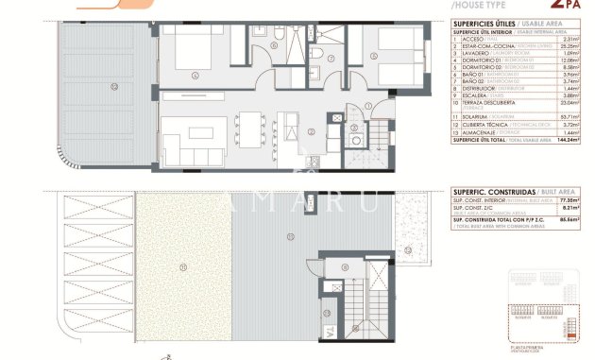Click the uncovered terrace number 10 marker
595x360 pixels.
click(x=114, y=86)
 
